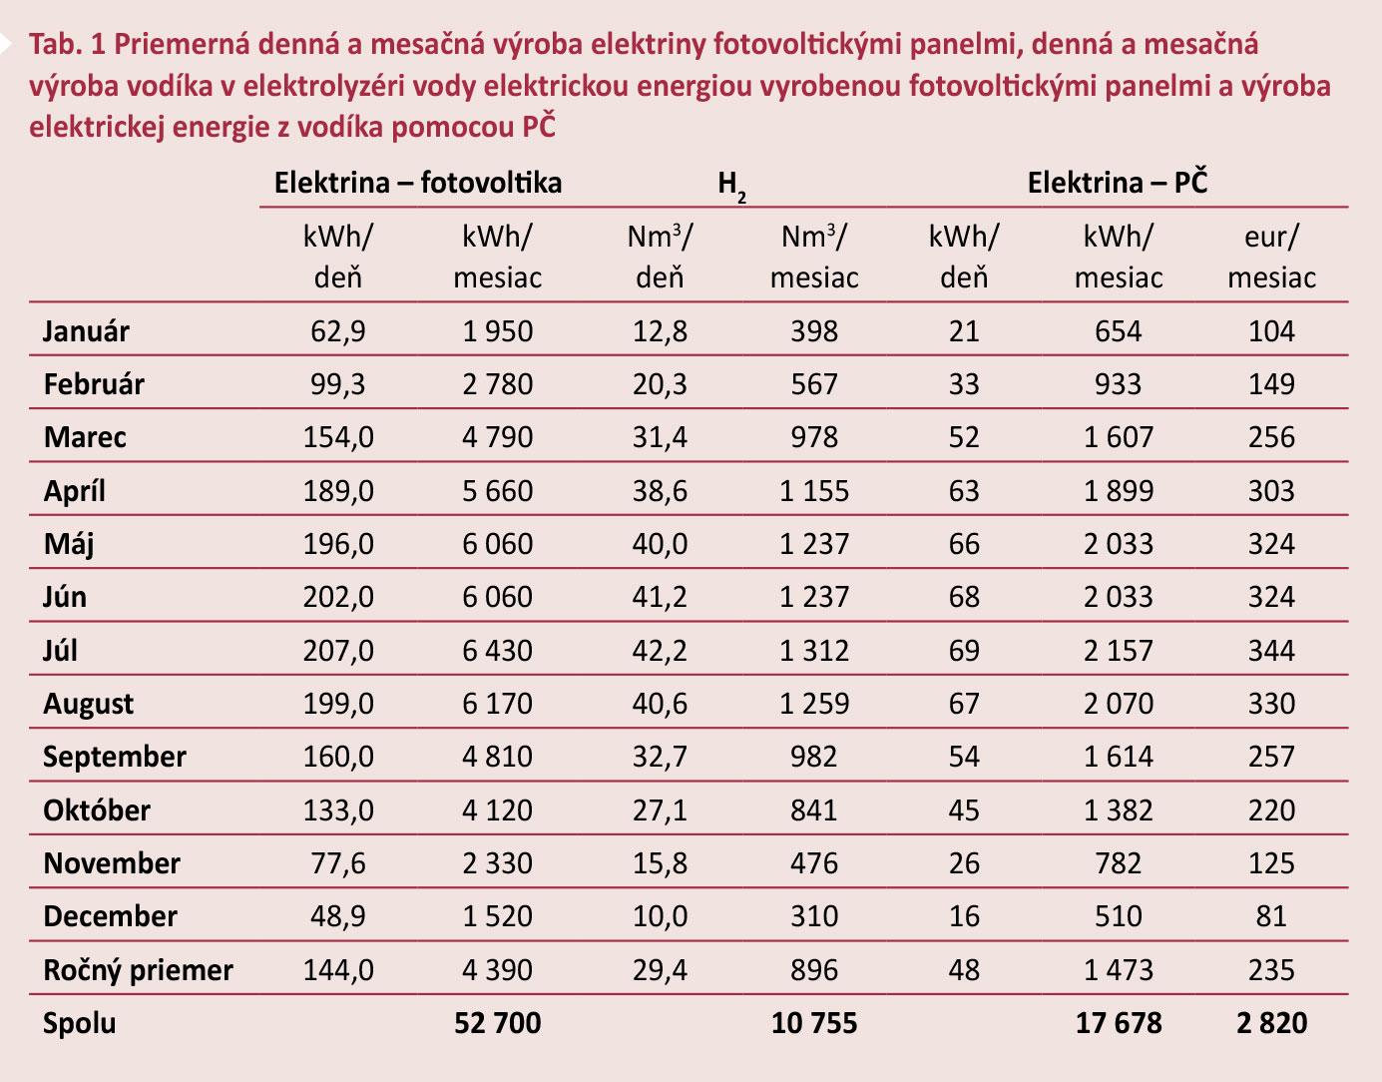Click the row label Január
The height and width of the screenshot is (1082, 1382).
[86, 331]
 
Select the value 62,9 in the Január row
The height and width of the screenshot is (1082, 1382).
[337, 331]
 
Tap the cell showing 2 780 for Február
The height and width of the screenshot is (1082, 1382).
[497, 384]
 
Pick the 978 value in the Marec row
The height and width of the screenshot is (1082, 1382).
[813, 437]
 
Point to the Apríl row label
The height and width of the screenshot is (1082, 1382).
[74, 491]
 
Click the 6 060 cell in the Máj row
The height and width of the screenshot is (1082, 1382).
[497, 544]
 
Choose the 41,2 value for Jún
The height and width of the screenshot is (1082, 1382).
[659, 597]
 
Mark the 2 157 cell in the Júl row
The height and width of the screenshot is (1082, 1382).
[1118, 651]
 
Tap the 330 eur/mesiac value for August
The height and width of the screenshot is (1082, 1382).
[1271, 704]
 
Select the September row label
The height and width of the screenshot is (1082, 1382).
[114, 757]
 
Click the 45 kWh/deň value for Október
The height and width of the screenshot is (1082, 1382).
[963, 811]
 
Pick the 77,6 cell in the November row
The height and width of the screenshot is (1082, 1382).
[337, 863]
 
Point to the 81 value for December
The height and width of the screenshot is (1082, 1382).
[1271, 916]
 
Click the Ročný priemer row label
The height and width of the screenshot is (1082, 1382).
[138, 970]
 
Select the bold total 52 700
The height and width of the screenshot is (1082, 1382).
[497, 1023]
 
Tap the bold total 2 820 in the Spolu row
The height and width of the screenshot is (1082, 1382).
[1271, 1023]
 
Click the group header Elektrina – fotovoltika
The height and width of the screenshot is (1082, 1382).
[417, 183]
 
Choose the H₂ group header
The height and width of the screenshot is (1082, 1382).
[731, 185]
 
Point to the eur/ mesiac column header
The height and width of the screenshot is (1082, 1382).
[1271, 257]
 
